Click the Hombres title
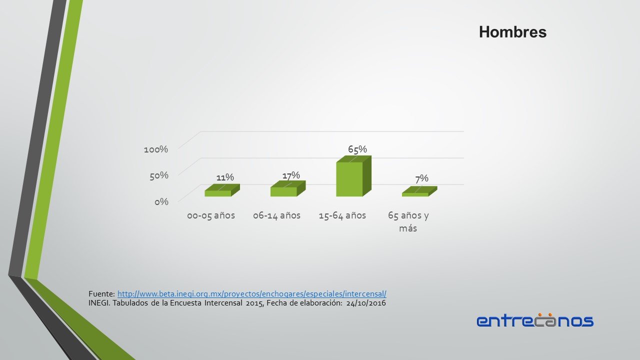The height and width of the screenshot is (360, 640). coord(512,31)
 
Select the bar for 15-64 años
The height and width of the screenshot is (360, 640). coord(353,176)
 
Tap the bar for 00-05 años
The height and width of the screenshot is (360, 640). coord(222,190)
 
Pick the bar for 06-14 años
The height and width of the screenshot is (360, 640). coord(288,188)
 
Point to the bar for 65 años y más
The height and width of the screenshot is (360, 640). coord(419,191)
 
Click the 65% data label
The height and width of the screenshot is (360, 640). coord(357,149)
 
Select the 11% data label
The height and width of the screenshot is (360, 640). coord(225,177)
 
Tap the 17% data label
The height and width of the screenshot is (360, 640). coord(291,175)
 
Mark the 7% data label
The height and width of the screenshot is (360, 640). coord(421,178)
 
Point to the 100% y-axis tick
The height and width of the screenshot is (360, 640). coord(156,149)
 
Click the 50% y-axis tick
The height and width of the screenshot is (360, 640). coord(159,175)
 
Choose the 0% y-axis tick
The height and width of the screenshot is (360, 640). coord(161,202)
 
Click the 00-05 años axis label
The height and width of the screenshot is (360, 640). coord(211,215)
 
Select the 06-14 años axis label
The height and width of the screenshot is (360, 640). coord(276,215)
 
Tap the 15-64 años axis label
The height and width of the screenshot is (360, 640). coord(342,215)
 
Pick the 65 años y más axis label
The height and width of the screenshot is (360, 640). coord(408,221)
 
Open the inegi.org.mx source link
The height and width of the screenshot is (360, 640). coord(252,293)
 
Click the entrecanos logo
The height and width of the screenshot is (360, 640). coord(535,320)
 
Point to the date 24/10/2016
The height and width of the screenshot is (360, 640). coord(366,303)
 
